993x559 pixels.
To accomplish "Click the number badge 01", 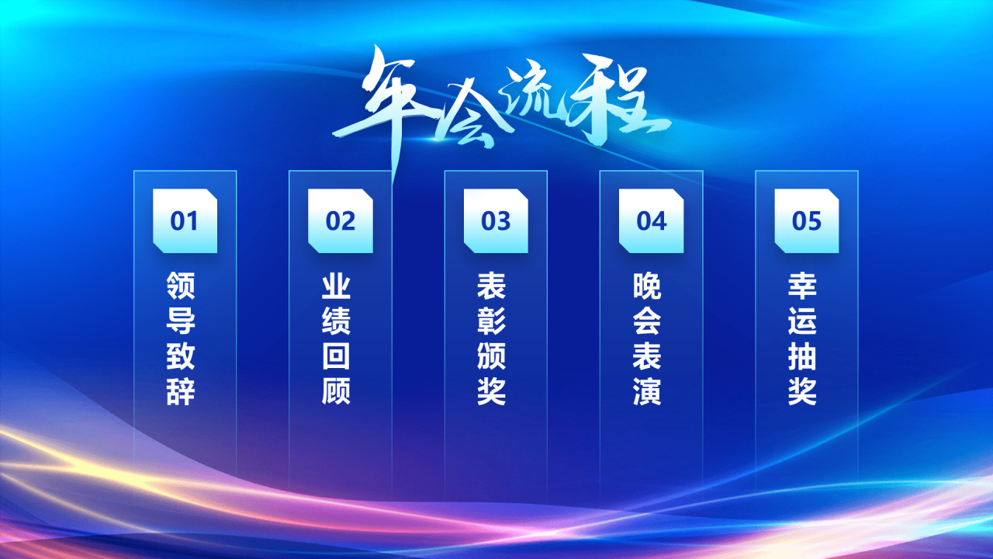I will (185, 221).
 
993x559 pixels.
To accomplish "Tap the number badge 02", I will (340, 221).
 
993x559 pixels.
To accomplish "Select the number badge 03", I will (496, 221).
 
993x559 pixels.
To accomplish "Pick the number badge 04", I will (651, 221).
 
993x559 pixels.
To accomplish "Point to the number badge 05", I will (807, 221).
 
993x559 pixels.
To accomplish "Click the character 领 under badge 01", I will (181, 286).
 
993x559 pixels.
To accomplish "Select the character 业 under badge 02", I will (336, 286).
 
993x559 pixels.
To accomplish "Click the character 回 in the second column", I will (336, 356).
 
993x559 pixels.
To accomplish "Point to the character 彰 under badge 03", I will (492, 321).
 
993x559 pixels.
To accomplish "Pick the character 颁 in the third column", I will (492, 356).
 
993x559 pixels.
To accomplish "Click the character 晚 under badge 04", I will (647, 286).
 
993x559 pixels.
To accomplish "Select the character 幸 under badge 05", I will (803, 286).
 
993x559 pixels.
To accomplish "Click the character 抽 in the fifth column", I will (803, 356).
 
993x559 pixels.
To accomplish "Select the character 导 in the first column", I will (181, 321).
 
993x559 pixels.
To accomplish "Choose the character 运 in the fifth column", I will (803, 321).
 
